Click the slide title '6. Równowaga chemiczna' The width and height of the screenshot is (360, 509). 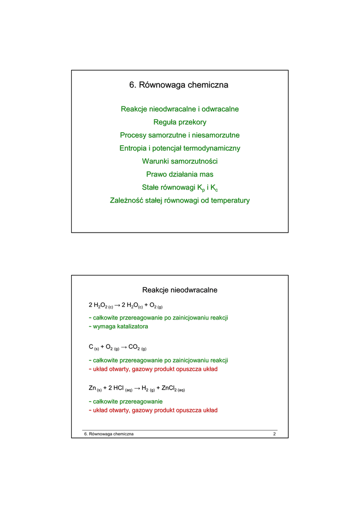point(180,85)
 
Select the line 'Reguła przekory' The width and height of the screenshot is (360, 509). point(180,122)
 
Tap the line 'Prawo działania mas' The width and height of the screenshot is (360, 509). point(180,174)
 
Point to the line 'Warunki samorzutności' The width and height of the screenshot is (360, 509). point(180,162)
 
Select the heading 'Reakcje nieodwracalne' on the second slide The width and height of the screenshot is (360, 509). point(180,290)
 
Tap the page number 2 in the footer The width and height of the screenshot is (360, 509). point(274,434)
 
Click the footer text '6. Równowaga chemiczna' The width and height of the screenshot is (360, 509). point(109,434)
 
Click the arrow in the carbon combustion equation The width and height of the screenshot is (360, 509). point(124,347)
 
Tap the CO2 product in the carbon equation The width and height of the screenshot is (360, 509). point(134,347)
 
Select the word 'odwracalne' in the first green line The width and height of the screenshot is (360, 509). point(220,109)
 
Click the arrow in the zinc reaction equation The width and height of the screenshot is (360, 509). point(137,388)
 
